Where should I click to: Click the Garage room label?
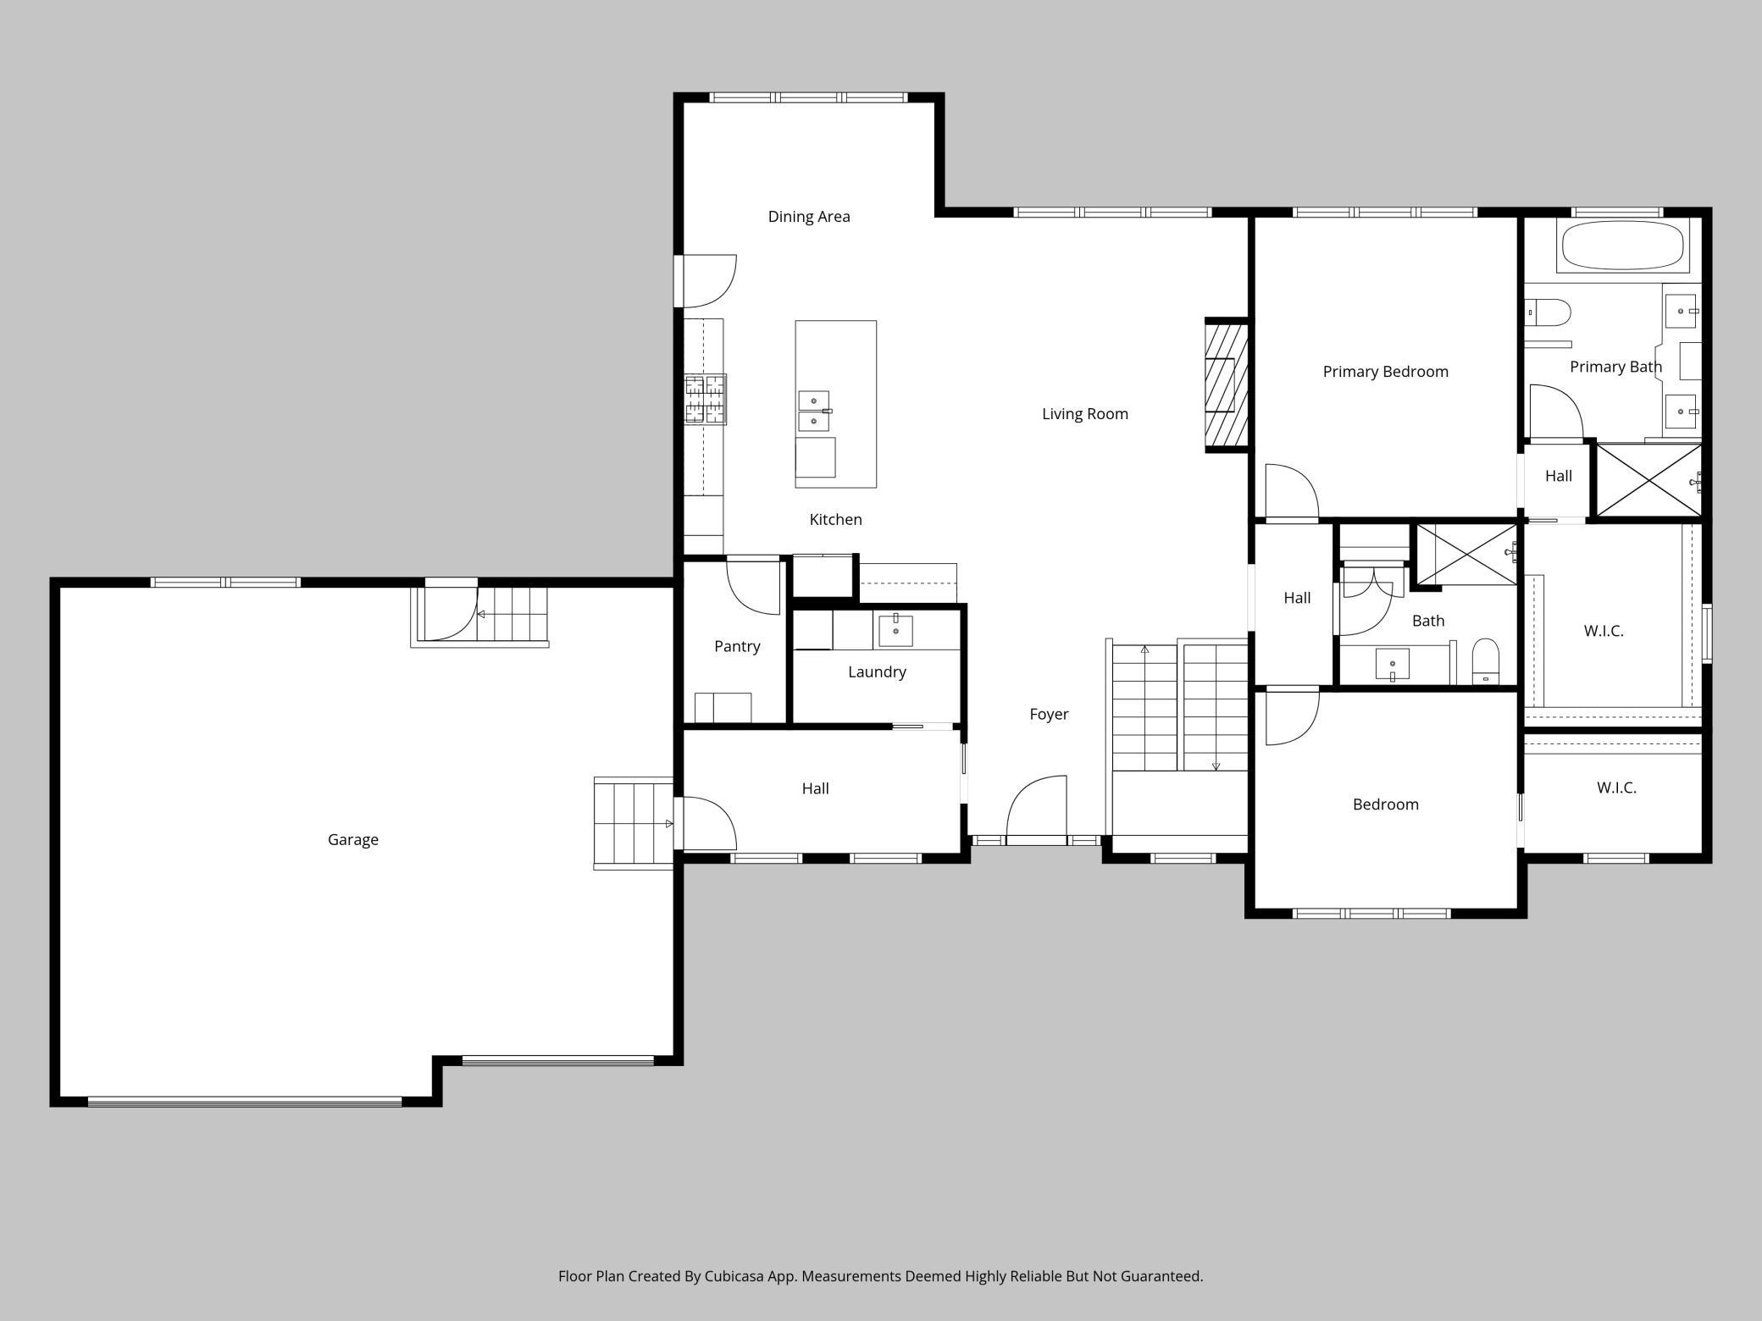tap(353, 839)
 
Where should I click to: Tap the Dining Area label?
tap(809, 217)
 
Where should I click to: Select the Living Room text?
tap(1085, 414)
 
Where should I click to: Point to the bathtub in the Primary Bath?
tap(1622, 246)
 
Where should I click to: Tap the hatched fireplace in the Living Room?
tap(1226, 385)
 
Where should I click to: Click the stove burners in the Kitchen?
tap(706, 399)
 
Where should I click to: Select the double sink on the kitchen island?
tap(814, 411)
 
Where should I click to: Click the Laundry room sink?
tap(895, 631)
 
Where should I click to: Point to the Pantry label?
tap(737, 646)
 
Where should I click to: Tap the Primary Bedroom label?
tap(1386, 372)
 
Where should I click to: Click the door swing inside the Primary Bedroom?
tap(1292, 490)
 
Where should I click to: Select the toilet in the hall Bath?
tap(1486, 661)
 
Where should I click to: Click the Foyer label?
tap(1049, 715)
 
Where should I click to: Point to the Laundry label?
tap(877, 672)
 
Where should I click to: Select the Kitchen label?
tap(835, 520)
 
